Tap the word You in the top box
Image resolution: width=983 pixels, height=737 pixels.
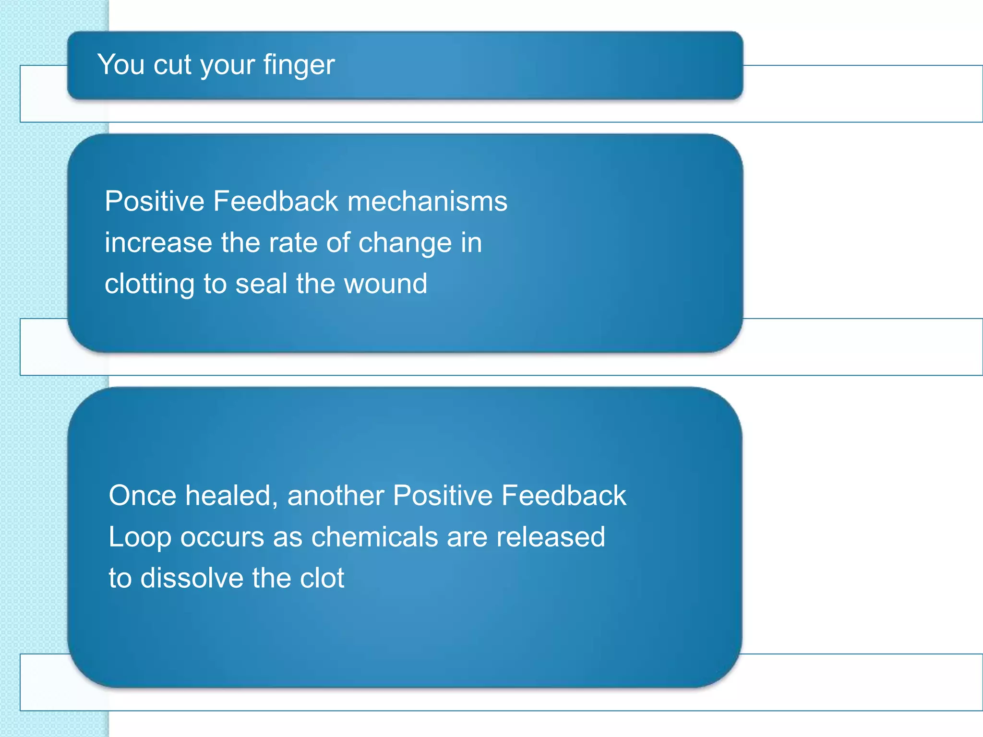click(120, 64)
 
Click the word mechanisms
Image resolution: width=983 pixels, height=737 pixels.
click(427, 201)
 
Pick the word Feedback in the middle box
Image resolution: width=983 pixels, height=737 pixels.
click(276, 201)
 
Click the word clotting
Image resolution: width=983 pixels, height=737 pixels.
click(149, 284)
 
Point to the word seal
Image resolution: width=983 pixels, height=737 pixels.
click(261, 284)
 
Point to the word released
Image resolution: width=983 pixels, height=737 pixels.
click(551, 537)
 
